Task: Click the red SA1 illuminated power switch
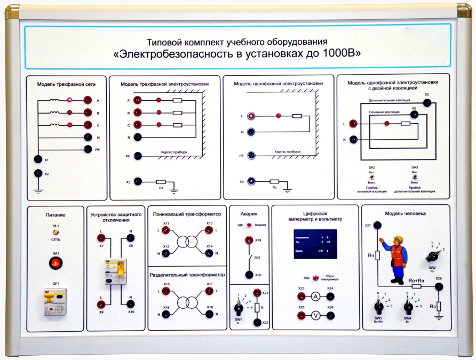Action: click(55, 263)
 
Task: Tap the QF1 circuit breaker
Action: click(55, 302)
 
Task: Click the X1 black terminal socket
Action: click(37, 159)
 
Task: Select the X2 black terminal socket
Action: click(37, 173)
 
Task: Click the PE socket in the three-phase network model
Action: click(88, 150)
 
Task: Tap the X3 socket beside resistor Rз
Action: click(138, 181)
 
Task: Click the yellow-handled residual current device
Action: click(116, 271)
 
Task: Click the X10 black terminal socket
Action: click(131, 303)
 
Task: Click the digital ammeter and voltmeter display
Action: click(315, 244)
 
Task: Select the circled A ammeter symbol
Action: click(315, 297)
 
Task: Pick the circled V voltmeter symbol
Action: click(315, 315)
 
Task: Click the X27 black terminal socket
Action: click(377, 226)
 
